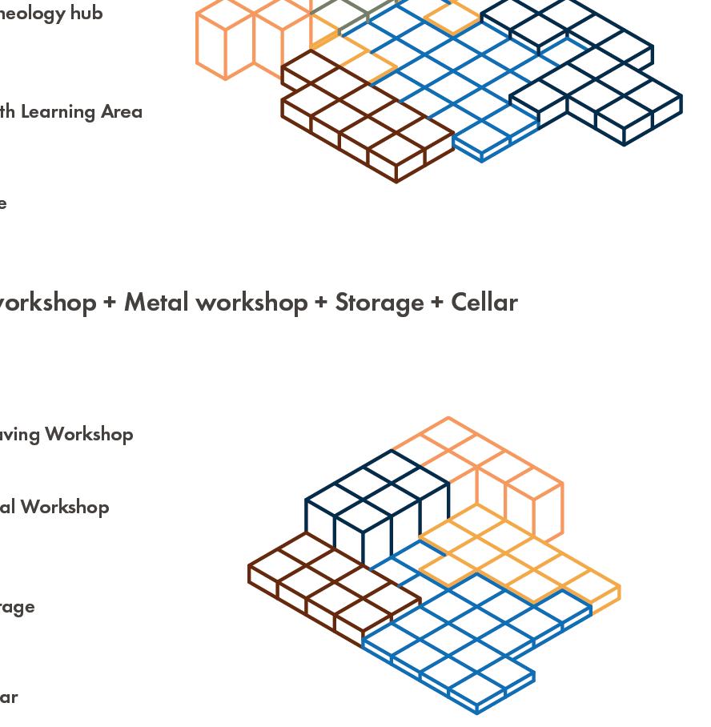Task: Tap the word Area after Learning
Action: (122, 111)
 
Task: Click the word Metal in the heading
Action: (158, 302)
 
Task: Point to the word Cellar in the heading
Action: (484, 302)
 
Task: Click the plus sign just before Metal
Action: (110, 302)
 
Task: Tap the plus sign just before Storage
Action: (321, 302)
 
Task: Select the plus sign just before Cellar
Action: (437, 302)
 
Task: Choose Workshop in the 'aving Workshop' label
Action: (89, 434)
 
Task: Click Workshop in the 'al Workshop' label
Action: (65, 507)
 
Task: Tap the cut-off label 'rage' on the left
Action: (16, 607)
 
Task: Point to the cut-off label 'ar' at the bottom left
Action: (8, 697)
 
